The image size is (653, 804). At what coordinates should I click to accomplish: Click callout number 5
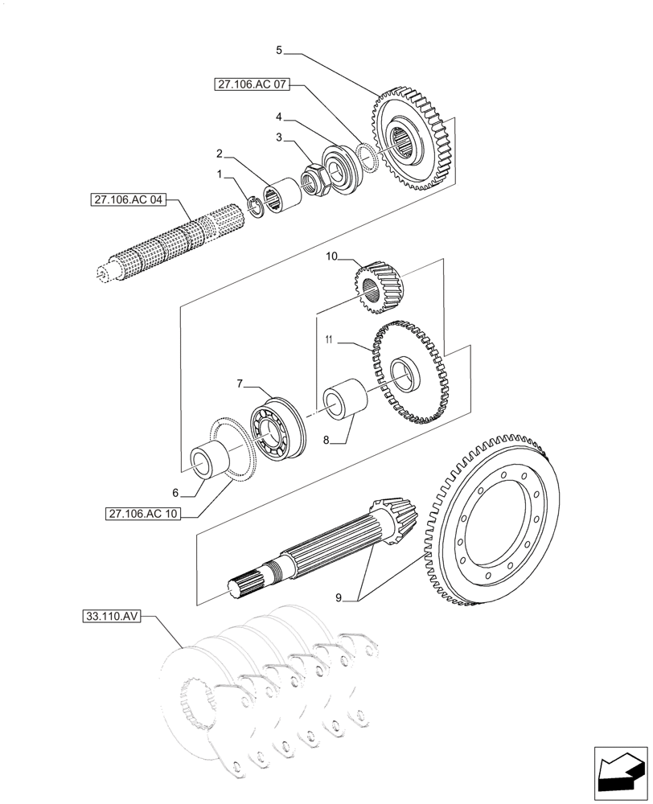[279, 50]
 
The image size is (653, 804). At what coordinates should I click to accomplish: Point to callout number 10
[331, 256]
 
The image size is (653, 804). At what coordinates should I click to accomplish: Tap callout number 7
[240, 385]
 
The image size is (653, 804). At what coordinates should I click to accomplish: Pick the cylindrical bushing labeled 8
[343, 401]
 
